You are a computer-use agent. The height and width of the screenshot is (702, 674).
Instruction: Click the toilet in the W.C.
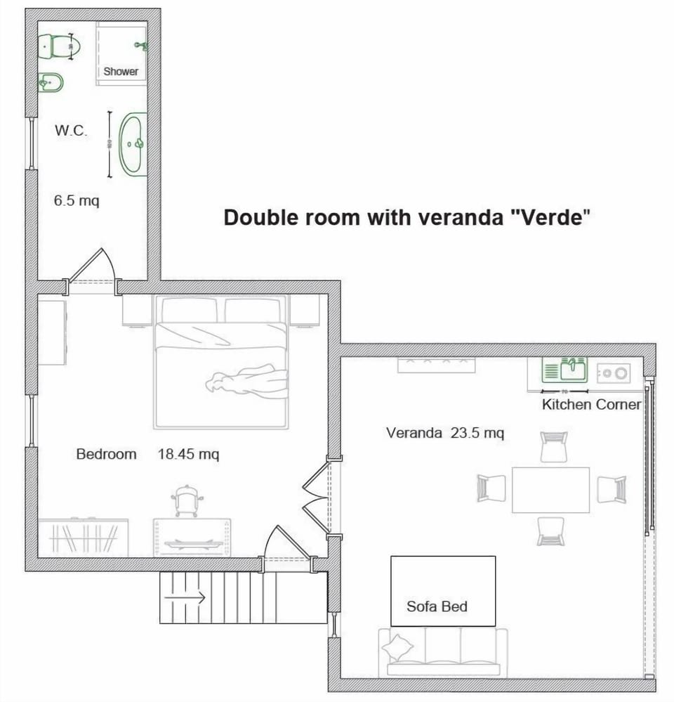click(61, 47)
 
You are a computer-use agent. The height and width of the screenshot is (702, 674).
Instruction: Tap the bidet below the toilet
click(51, 84)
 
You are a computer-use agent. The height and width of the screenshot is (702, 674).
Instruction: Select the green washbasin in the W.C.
click(133, 144)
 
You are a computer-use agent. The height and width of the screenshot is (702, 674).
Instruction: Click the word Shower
click(121, 72)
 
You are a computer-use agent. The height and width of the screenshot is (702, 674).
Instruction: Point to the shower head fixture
click(140, 46)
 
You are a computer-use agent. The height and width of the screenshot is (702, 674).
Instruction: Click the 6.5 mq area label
click(77, 201)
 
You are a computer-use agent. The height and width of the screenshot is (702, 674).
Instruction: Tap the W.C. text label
click(71, 131)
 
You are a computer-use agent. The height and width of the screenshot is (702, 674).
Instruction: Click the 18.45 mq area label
click(188, 455)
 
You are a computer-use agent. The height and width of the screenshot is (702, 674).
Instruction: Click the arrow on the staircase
click(184, 598)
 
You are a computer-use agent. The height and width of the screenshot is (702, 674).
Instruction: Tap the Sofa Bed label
click(437, 606)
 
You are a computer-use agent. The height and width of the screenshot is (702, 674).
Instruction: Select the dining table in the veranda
click(550, 490)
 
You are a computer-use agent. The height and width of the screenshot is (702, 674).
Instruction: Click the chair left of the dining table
click(491, 488)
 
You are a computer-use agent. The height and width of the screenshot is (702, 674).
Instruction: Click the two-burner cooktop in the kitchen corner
click(614, 373)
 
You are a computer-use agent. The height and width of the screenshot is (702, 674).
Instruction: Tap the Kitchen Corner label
click(591, 405)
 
